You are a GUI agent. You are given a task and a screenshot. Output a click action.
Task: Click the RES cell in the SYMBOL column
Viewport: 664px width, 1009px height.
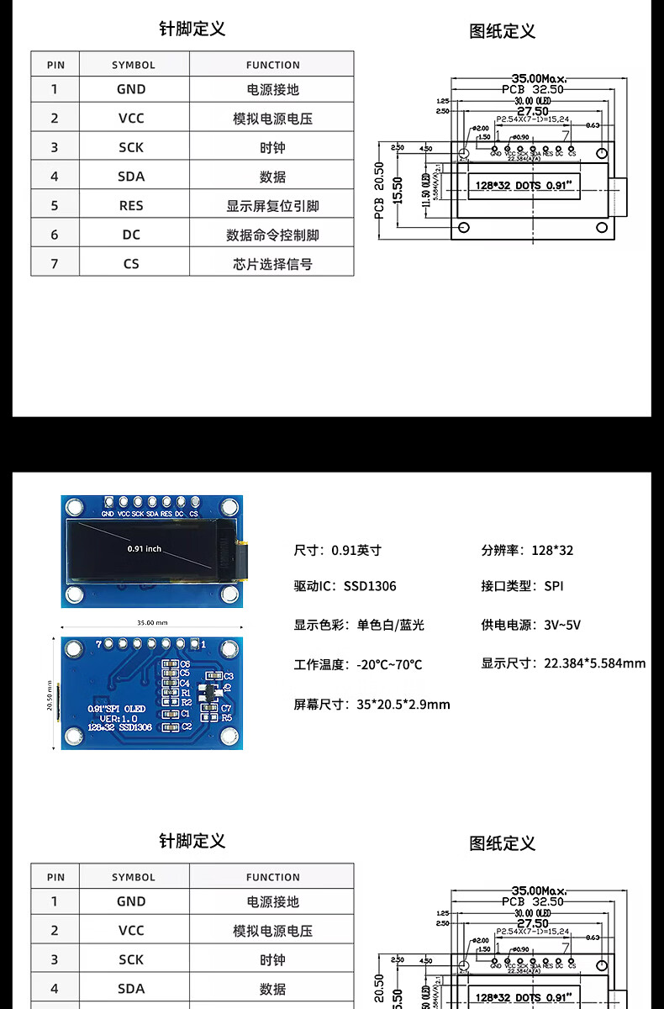click(x=131, y=205)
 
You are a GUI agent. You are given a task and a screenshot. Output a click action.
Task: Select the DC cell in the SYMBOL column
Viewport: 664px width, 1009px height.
click(x=131, y=235)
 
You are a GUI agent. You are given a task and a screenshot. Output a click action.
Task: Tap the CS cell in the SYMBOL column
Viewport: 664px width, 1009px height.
click(x=131, y=263)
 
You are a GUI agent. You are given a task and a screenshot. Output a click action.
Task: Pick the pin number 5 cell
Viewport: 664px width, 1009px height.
click(x=55, y=205)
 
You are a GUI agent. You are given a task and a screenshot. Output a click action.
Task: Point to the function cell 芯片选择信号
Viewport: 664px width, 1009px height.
click(x=272, y=264)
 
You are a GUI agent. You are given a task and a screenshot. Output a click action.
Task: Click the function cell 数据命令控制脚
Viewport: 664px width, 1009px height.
click(x=272, y=235)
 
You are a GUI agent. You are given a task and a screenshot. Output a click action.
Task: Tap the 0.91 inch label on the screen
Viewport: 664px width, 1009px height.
click(x=144, y=549)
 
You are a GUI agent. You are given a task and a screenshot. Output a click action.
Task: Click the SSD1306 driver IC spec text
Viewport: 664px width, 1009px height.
click(x=370, y=586)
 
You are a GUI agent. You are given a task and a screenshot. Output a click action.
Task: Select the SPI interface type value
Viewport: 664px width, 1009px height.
click(x=554, y=586)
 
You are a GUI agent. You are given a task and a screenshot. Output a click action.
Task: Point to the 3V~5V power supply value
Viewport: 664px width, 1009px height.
click(x=562, y=625)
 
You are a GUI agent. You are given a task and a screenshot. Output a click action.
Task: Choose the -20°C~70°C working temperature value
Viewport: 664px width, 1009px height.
click(x=389, y=664)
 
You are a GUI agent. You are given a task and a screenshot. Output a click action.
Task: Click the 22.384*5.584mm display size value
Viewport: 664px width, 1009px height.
click(x=595, y=663)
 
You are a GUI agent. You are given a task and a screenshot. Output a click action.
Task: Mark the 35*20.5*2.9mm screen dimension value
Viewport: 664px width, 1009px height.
click(x=403, y=704)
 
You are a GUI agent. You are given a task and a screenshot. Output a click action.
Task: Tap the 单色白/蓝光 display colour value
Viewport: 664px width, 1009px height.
click(x=391, y=625)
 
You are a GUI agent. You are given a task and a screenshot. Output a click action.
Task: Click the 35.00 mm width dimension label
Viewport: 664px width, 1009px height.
click(x=152, y=623)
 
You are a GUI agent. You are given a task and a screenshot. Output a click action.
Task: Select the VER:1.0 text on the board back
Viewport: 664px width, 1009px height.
click(x=119, y=718)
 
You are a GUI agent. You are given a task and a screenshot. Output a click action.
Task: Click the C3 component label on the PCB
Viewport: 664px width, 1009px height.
click(x=228, y=676)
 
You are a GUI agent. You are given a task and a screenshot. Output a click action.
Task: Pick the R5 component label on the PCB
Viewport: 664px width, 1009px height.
click(x=226, y=718)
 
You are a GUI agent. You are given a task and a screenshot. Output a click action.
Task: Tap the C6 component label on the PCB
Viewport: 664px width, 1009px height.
click(x=185, y=664)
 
